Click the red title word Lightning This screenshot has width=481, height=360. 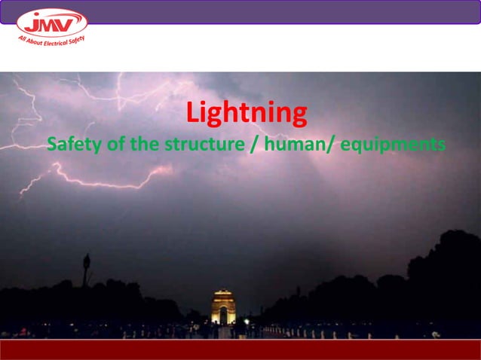[x=247, y=114]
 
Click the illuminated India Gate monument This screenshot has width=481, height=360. [x=223, y=307]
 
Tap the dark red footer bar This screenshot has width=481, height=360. [x=240, y=349]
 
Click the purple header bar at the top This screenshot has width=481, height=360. [x=286, y=11]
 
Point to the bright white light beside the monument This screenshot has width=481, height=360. [x=246, y=322]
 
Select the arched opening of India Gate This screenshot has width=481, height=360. [x=223, y=316]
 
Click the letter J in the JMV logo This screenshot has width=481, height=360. [x=33, y=23]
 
